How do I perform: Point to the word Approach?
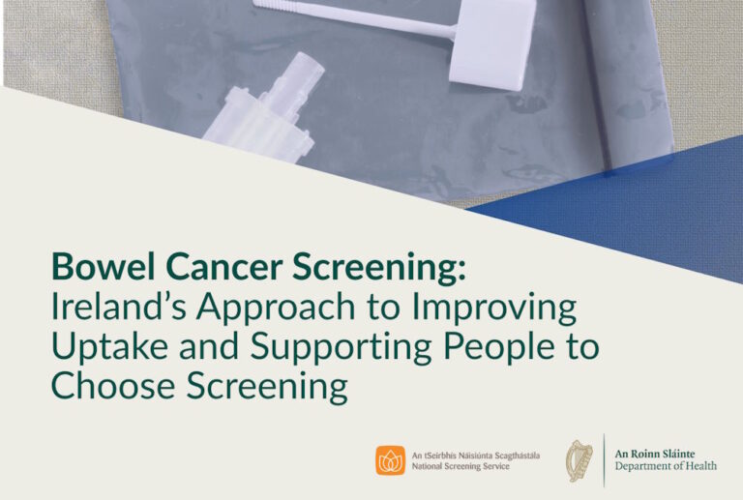coord(280,309)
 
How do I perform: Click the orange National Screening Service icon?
coord(390,460)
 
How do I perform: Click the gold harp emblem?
coord(580,460)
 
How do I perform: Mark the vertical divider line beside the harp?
coord(605,460)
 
